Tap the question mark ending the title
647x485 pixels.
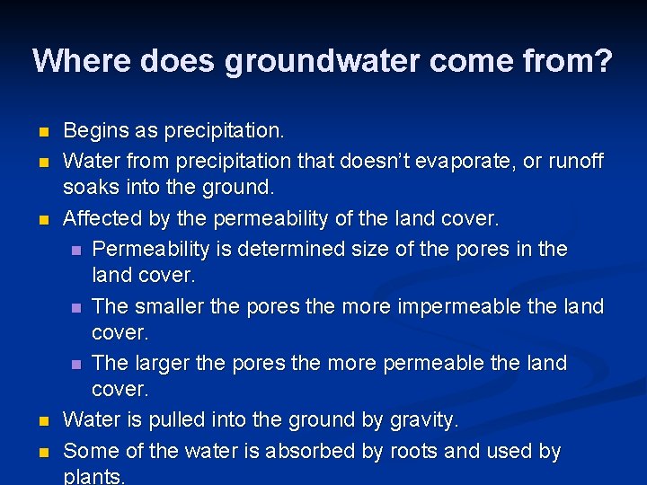603,61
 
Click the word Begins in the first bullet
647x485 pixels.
96,131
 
